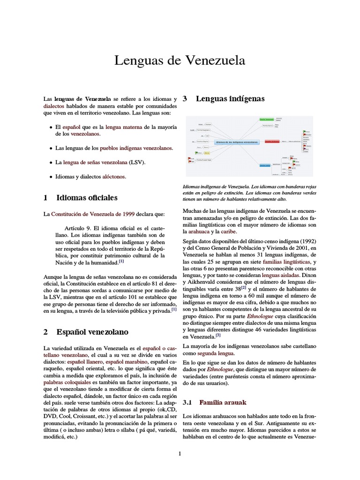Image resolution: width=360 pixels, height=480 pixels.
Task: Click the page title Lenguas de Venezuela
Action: coord(180,61)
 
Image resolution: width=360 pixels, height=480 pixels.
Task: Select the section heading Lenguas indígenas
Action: coord(230,99)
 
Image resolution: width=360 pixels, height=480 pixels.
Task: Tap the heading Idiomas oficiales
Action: coord(87,197)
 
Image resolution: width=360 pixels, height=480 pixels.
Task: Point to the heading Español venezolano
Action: coord(92,332)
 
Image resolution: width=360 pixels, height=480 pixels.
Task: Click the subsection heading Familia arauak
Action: coord(222,402)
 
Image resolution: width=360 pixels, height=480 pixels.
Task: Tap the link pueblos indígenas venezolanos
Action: coord(136,148)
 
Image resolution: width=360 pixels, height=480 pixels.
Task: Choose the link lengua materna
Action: coord(124,127)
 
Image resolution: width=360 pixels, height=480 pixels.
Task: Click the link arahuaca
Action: coord(199,231)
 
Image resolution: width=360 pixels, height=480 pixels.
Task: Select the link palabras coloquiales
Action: coord(66,382)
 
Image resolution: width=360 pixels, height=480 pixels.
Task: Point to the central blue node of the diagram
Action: coord(237,141)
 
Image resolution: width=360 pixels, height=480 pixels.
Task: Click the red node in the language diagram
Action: coord(272,141)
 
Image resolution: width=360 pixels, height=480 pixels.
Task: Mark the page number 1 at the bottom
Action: coord(180,453)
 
